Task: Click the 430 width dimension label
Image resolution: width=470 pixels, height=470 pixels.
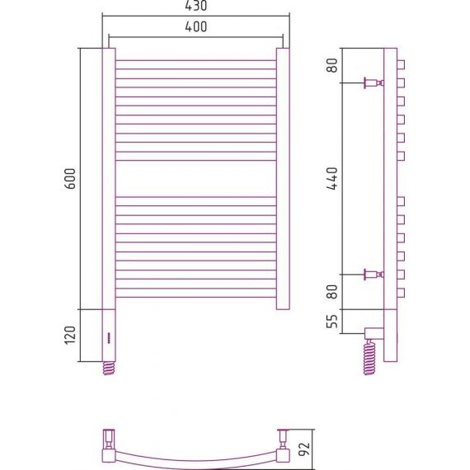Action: tap(195, 6)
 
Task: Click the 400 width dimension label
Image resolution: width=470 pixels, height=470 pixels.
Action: tap(195, 26)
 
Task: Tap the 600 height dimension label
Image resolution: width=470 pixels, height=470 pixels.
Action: tap(70, 179)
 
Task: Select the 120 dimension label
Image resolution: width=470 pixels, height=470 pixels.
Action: tap(70, 335)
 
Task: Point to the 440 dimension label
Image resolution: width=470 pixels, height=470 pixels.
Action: tap(332, 179)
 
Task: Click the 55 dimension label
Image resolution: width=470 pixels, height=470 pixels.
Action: tap(332, 322)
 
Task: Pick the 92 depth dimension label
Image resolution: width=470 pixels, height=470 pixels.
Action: tap(305, 449)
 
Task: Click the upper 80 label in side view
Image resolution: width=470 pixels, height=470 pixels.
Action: tap(332, 65)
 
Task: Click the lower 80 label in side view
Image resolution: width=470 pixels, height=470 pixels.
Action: tap(332, 292)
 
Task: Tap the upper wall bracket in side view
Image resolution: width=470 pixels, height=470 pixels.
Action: tap(374, 82)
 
